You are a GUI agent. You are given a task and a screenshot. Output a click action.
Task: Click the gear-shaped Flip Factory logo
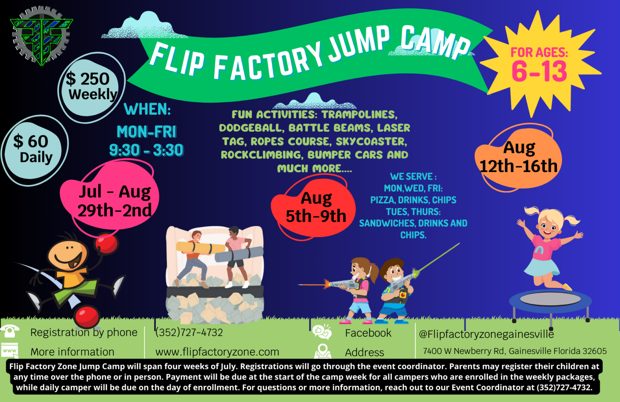(41, 35)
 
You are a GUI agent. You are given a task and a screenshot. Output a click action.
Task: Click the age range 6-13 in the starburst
(539, 71)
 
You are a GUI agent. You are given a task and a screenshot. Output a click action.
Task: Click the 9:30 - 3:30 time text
(146, 150)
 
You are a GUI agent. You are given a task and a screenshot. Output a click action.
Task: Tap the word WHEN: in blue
(147, 109)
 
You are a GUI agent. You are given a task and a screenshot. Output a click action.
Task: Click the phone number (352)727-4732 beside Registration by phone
(189, 332)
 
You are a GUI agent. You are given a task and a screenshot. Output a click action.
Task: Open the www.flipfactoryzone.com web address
(217, 352)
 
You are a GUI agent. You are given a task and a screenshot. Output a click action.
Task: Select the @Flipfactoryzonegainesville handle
(486, 334)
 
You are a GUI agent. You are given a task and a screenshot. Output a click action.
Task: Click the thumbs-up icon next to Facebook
(322, 332)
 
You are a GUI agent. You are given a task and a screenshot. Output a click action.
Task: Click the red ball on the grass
(87, 317)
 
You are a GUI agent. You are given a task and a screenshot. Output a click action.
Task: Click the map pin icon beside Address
(322, 351)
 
